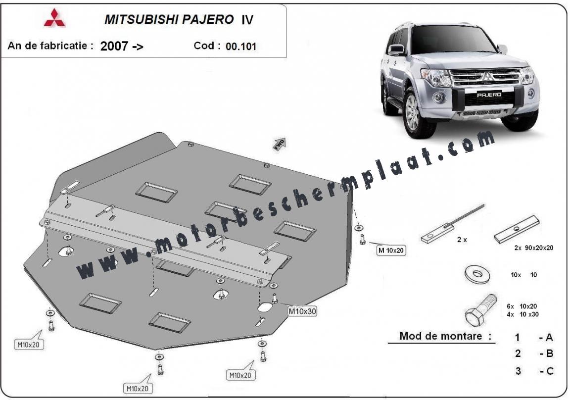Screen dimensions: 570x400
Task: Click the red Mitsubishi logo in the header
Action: (x=54, y=18)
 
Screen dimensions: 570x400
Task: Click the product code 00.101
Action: (x=241, y=47)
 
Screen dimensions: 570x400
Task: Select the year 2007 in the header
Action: (x=114, y=46)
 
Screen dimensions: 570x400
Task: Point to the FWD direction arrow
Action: (x=280, y=144)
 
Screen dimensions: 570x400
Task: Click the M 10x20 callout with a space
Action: (x=391, y=250)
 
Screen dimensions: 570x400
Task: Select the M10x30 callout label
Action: (x=302, y=311)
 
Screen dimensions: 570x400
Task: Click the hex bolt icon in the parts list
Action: (x=480, y=310)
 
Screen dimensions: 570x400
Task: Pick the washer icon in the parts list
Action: (x=477, y=274)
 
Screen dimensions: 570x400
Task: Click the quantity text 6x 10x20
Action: (x=522, y=306)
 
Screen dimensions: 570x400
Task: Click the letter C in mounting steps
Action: (x=550, y=371)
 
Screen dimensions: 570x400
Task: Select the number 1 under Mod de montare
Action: (x=517, y=338)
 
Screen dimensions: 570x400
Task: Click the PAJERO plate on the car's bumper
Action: (x=489, y=95)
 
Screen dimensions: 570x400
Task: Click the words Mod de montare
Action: (x=440, y=336)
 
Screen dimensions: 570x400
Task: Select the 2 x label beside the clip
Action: (x=462, y=240)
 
